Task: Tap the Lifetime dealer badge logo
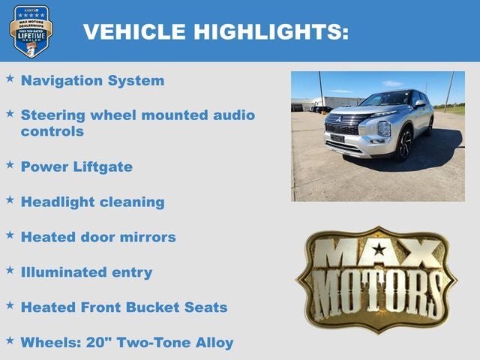point(31,31)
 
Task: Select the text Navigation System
point(92,80)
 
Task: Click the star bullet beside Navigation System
point(10,78)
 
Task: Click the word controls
point(52,131)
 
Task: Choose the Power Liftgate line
point(76,166)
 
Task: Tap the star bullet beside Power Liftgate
point(10,164)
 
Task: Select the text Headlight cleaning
point(92,202)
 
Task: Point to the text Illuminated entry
point(86,272)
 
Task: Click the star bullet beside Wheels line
point(10,340)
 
